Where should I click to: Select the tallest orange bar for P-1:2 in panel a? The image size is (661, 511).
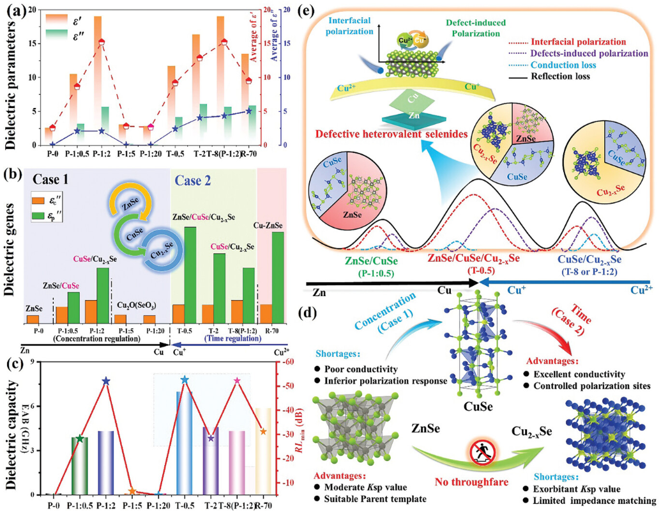98,77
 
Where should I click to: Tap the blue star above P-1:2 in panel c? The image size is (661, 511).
106,381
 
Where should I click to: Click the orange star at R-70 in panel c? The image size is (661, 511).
263,432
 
